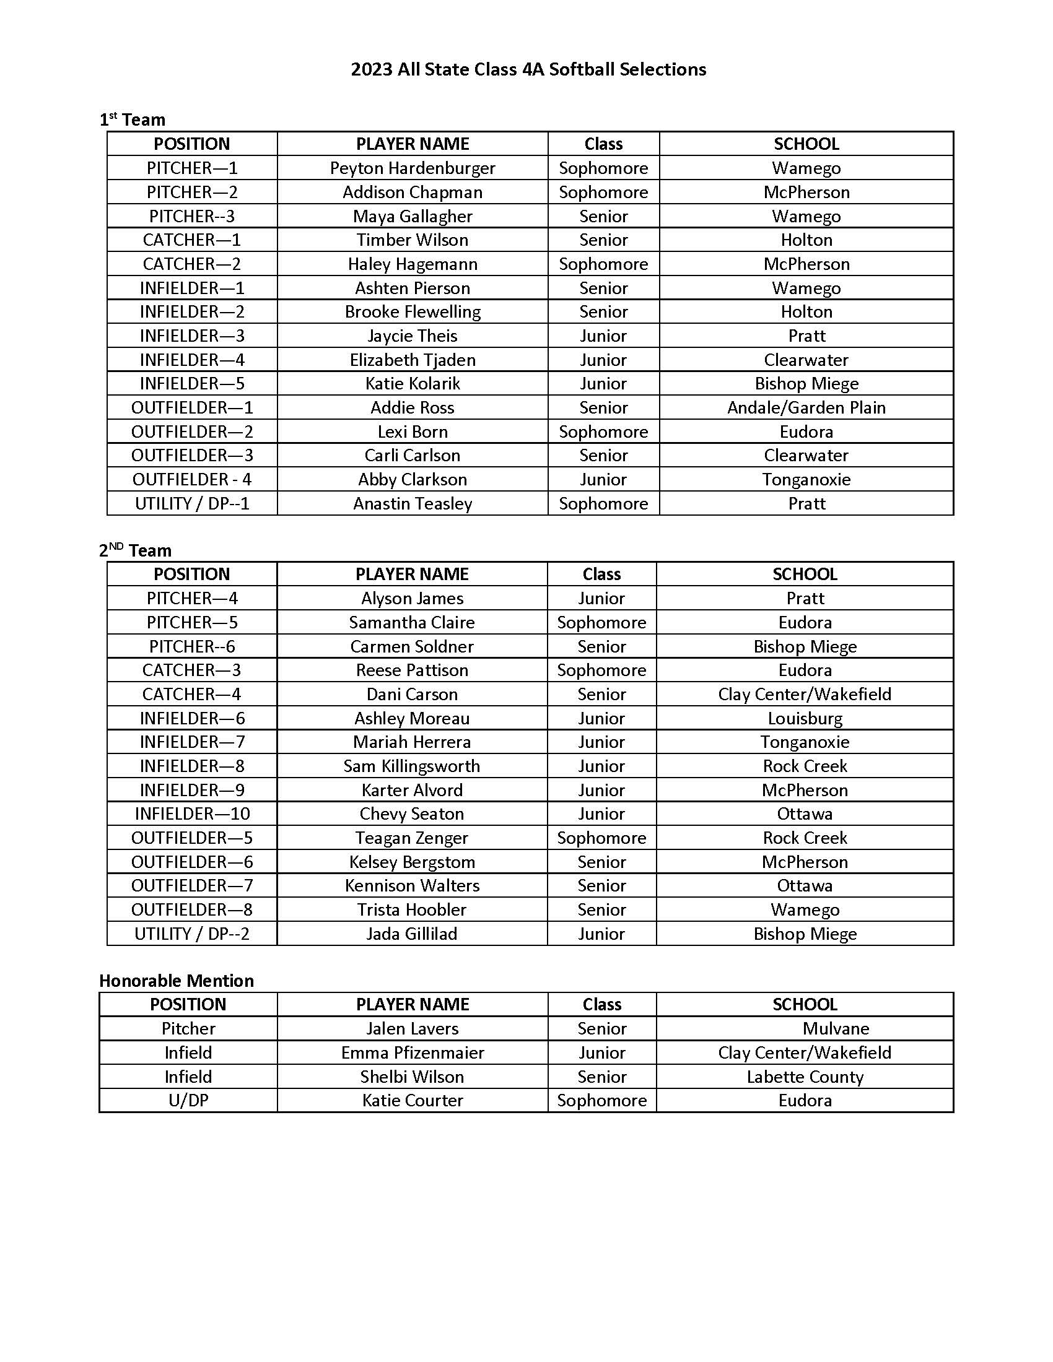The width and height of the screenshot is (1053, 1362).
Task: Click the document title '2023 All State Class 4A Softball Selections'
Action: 528,69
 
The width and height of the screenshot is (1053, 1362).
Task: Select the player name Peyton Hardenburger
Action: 413,168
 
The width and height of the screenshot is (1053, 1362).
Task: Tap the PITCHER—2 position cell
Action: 192,192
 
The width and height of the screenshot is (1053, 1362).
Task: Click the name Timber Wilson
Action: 413,240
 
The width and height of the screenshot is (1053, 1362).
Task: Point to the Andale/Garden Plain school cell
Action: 806,408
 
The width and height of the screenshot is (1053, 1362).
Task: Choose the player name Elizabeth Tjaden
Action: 413,360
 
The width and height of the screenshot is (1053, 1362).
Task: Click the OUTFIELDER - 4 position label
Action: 192,480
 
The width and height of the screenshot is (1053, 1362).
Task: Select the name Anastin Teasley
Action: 413,504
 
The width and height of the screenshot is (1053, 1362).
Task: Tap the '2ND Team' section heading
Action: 136,550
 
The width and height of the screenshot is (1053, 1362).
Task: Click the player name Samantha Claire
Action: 412,622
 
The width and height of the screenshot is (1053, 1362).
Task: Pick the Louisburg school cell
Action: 805,718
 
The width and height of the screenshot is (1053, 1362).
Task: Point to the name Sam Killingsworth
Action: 412,766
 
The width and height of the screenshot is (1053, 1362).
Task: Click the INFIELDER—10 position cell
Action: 192,814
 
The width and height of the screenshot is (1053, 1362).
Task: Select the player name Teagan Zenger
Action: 412,838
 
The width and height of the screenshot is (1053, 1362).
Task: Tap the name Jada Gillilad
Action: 412,934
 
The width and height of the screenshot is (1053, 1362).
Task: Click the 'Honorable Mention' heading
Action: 177,981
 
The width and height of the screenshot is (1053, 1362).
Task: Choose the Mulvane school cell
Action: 836,1028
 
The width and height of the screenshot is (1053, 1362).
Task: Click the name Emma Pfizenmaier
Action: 413,1052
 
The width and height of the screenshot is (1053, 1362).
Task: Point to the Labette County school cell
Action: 805,1077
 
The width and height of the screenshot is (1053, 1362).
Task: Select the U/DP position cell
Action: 188,1101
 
